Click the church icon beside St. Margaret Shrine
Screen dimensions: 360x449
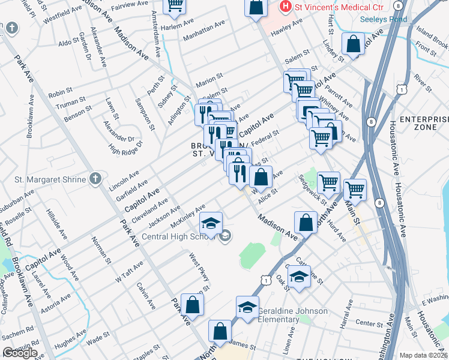(x=94, y=178)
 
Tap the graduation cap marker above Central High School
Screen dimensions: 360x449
(x=211, y=223)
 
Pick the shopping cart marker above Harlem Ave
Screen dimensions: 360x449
(x=175, y=6)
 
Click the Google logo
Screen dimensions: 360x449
(x=19, y=353)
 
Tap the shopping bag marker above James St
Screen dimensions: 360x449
(x=220, y=331)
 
